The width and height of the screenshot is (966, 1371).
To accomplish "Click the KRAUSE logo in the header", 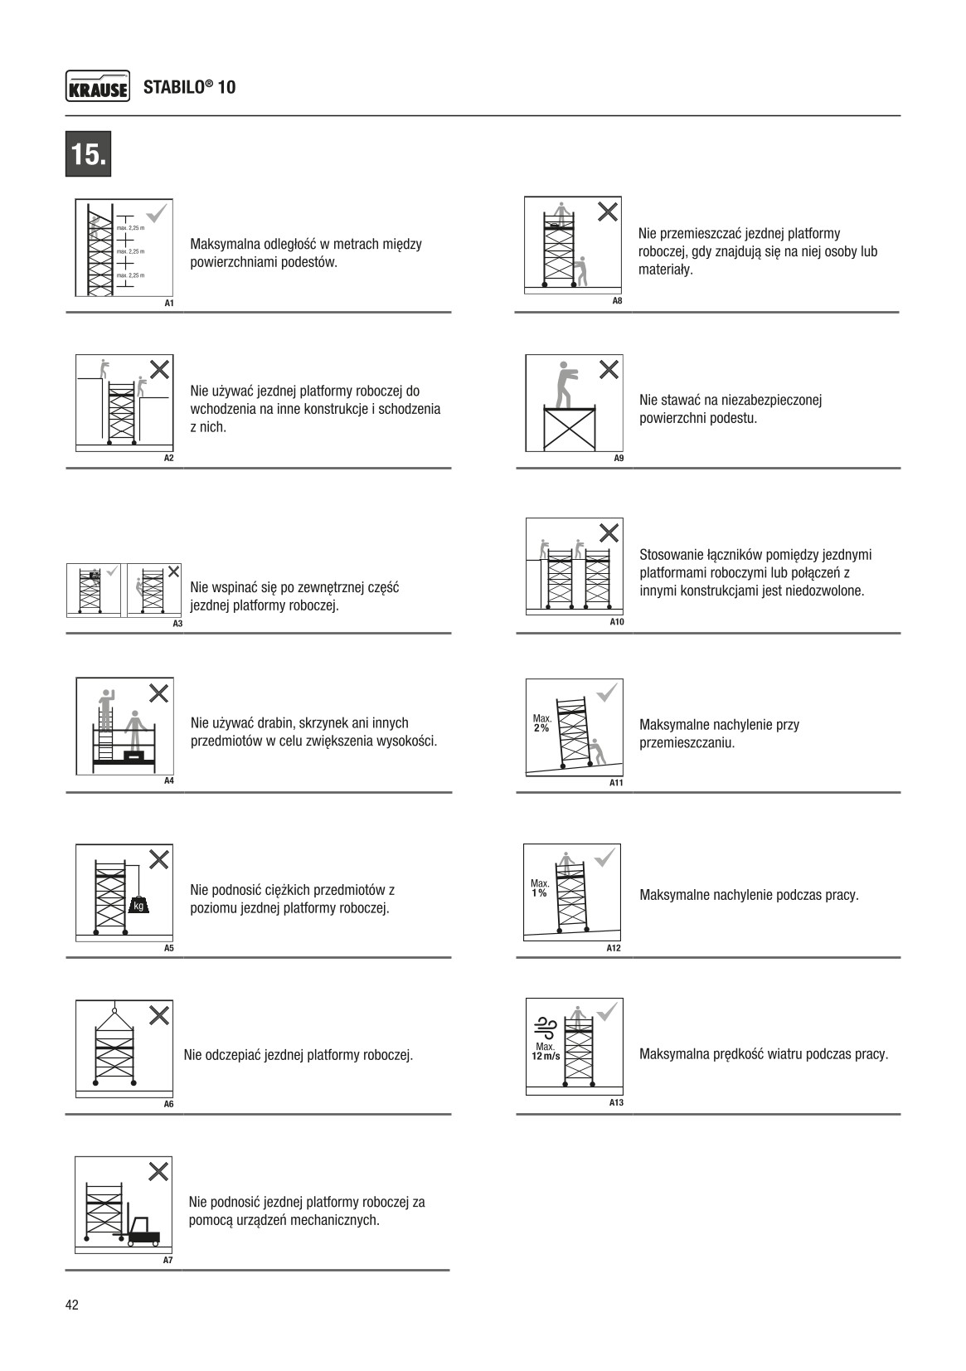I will click(97, 87).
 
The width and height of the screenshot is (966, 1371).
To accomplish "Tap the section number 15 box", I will click(88, 154).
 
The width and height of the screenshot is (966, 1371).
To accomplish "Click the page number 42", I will click(72, 1305).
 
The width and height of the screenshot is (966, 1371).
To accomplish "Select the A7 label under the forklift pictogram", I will click(167, 1261).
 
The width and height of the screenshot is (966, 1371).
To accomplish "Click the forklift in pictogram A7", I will click(142, 1232).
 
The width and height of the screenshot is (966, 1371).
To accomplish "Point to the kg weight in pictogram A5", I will click(139, 905).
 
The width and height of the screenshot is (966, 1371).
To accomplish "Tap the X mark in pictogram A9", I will click(609, 370).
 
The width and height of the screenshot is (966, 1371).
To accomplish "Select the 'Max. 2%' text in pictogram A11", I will click(541, 722).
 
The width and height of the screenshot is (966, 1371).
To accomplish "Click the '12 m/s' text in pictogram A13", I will click(546, 1057).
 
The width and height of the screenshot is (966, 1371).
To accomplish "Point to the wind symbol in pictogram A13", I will click(546, 1028).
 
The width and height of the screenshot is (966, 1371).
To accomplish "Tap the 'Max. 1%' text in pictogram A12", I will click(540, 888).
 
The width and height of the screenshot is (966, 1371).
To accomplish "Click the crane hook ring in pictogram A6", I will click(114, 1010).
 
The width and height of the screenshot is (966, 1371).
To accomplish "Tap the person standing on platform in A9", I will click(566, 383).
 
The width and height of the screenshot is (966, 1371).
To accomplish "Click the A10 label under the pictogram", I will click(616, 622).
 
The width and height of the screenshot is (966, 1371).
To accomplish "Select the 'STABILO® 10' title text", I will click(189, 87).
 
